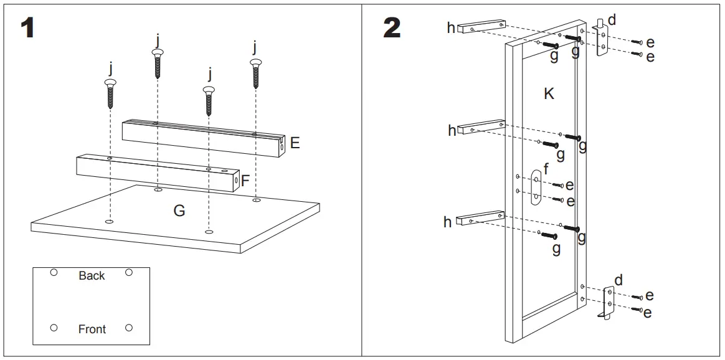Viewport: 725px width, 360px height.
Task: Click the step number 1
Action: click(27, 28)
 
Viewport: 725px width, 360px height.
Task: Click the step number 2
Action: click(392, 28)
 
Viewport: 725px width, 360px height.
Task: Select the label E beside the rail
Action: click(295, 143)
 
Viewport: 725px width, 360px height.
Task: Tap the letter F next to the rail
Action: click(245, 181)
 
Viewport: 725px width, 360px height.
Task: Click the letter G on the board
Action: click(179, 211)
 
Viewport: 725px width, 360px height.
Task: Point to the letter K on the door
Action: click(549, 93)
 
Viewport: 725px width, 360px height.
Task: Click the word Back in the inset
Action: click(92, 275)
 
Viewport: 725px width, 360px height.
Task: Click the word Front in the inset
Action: click(92, 329)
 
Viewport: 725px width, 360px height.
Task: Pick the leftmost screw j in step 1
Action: click(111, 93)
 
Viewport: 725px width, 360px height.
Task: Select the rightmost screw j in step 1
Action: click(255, 73)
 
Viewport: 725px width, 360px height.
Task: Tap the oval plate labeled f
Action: click(536, 187)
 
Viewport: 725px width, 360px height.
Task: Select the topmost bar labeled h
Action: click(480, 26)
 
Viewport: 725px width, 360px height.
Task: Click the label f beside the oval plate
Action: click(546, 169)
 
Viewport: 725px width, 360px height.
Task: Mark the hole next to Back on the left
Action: click(54, 272)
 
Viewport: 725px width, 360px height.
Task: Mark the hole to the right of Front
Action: click(129, 328)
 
